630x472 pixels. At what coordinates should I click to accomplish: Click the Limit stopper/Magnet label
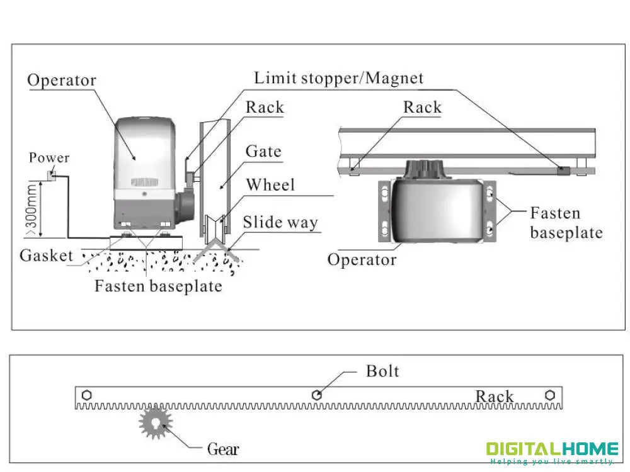(338, 79)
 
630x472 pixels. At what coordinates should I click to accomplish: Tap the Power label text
(49, 158)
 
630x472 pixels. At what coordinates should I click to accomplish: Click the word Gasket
(46, 256)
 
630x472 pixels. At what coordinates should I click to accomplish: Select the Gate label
(263, 152)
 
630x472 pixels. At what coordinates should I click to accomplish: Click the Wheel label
(270, 185)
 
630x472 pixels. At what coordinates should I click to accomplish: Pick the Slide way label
(280, 222)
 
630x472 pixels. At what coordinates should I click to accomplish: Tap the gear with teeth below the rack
(155, 423)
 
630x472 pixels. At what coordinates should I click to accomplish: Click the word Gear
(224, 449)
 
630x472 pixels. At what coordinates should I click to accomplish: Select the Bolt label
(382, 371)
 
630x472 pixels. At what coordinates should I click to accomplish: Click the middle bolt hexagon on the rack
(318, 395)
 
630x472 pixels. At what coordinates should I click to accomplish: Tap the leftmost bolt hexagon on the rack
(86, 395)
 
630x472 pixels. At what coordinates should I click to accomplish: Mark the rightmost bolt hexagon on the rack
(550, 395)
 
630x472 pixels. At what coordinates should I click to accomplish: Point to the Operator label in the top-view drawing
(362, 259)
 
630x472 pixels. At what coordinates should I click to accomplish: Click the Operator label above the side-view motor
(62, 81)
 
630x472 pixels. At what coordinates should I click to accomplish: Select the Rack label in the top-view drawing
(422, 108)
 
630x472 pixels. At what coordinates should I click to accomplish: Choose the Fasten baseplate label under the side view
(158, 286)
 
